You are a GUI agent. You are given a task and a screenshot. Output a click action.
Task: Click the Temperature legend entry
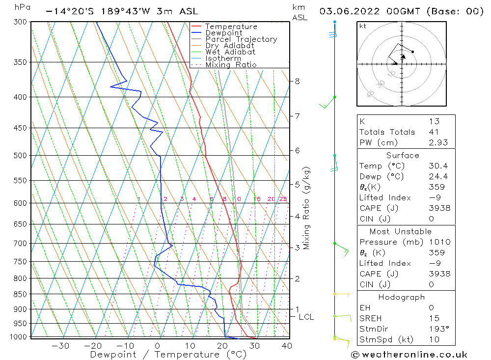(231, 27)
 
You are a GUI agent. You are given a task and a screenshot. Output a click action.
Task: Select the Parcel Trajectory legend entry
(241, 39)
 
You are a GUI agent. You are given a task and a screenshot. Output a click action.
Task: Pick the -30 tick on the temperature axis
(60, 346)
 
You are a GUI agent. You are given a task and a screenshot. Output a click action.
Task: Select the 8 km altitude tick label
(298, 81)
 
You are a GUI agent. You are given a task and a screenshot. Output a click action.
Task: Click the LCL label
(306, 317)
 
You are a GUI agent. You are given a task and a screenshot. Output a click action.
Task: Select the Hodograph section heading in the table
(401, 297)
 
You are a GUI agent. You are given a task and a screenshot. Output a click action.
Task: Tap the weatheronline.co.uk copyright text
(409, 355)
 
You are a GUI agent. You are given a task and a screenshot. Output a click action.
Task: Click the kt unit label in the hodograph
(363, 26)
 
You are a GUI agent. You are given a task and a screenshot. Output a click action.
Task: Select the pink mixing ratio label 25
(283, 199)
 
